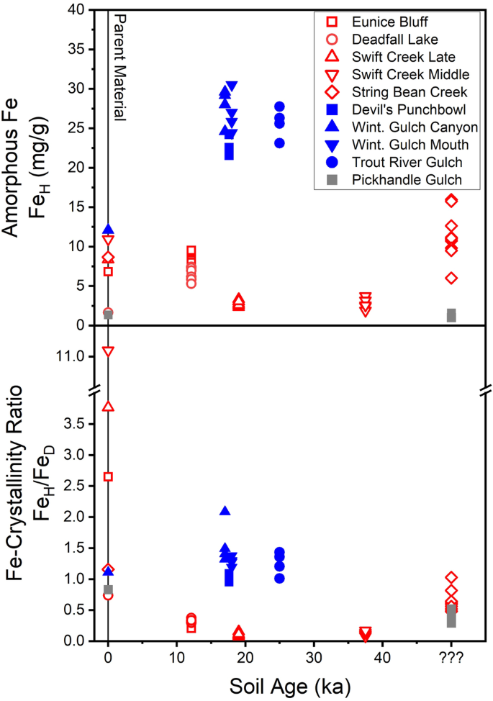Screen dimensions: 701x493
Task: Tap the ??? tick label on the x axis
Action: coord(451,657)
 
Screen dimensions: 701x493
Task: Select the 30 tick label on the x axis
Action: coord(312,657)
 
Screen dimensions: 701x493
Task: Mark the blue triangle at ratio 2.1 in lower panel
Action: coord(225,511)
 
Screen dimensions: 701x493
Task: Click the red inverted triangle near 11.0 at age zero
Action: coord(108,352)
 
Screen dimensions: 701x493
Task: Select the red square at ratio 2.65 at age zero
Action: coord(108,476)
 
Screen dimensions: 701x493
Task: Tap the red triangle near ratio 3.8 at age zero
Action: coord(108,407)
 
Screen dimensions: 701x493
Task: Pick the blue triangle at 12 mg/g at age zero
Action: coord(108,230)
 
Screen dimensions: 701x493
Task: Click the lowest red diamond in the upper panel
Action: coord(451,278)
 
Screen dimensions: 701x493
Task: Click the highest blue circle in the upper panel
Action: coord(279,107)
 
